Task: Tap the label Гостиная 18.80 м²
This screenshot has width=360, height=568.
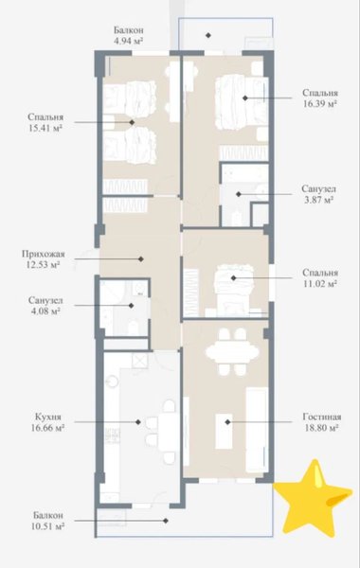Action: click(321, 422)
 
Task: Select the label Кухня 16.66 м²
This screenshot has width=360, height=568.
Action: click(48, 422)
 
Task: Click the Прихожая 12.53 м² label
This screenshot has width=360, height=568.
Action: click(43, 259)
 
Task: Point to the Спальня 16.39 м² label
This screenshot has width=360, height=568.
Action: click(320, 98)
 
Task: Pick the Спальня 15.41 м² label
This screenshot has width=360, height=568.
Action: click(45, 122)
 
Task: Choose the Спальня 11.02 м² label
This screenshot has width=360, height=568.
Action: click(320, 277)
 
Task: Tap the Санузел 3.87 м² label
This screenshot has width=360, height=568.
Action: click(318, 194)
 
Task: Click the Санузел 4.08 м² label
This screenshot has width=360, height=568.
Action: click(45, 306)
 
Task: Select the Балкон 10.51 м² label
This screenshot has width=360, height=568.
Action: click(48, 521)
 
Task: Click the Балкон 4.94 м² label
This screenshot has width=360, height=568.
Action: click(128, 35)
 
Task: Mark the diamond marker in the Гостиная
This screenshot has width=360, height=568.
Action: click(227, 422)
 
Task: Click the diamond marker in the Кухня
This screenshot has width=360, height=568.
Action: click(138, 422)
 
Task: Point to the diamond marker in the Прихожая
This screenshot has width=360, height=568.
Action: click(141, 259)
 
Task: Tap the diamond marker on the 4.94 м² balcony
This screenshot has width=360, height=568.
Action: click(208, 35)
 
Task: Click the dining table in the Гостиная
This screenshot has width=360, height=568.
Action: click(232, 352)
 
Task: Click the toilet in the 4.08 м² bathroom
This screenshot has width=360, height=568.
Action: click(134, 328)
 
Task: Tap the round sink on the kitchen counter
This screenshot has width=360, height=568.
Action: click(113, 382)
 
